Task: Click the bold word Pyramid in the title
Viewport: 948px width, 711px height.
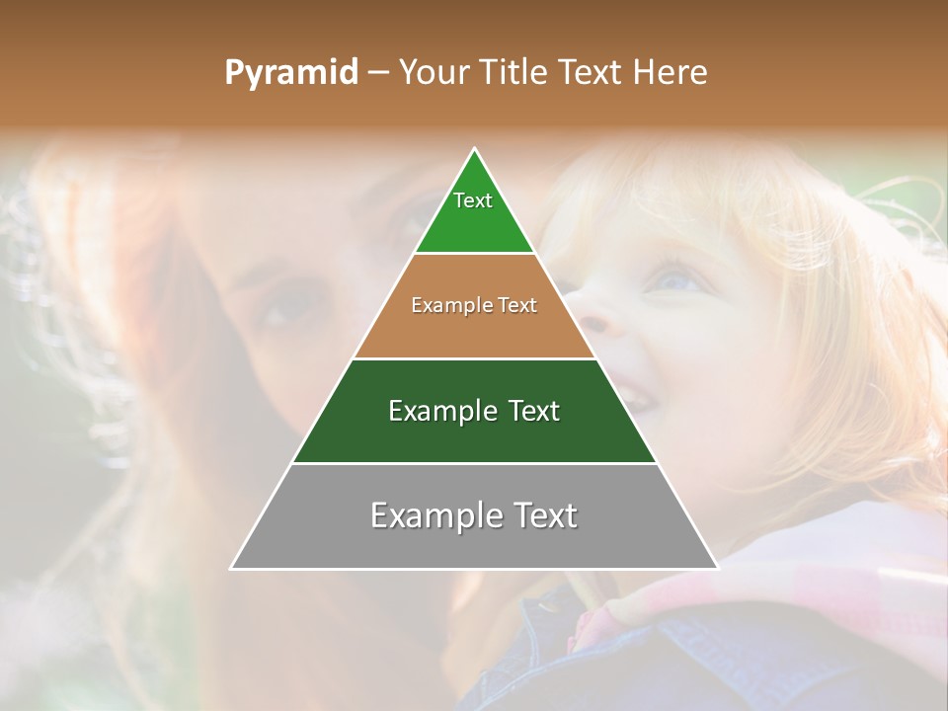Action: [x=290, y=72]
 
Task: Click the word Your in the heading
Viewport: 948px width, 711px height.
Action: [x=433, y=72]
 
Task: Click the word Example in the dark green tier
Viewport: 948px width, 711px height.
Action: [x=441, y=411]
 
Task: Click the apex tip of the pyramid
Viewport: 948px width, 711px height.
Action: [x=474, y=150]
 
